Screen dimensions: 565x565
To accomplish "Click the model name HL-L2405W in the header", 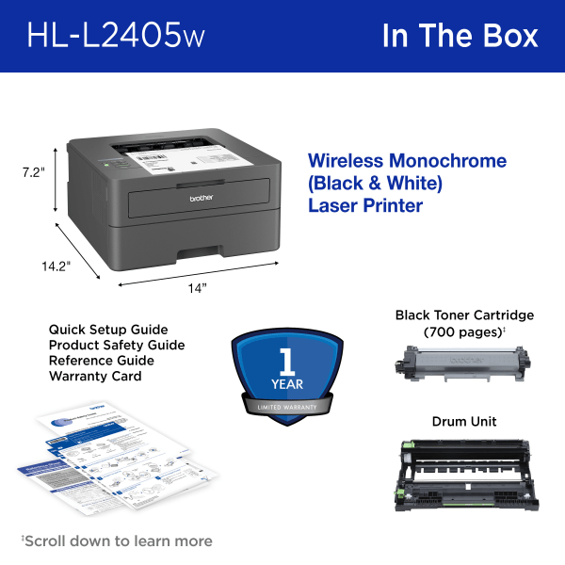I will (x=115, y=35).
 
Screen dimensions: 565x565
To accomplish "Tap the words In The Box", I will (x=460, y=35).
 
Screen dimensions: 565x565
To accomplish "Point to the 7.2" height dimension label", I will (x=34, y=172).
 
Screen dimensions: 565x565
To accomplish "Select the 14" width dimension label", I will (x=196, y=288).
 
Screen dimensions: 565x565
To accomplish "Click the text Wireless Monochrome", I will (x=407, y=161).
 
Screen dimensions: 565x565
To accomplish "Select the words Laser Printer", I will (x=365, y=204).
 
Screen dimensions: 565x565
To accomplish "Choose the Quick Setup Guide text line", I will (x=108, y=330).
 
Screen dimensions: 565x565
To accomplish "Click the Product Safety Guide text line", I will (x=117, y=345).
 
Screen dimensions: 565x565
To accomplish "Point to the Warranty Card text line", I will (x=95, y=376).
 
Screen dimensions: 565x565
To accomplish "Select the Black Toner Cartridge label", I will (x=464, y=315).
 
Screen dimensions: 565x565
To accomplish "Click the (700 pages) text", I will (x=463, y=332).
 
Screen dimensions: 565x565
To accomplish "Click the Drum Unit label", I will (x=464, y=421).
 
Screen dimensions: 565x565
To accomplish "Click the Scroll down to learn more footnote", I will (x=117, y=541).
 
